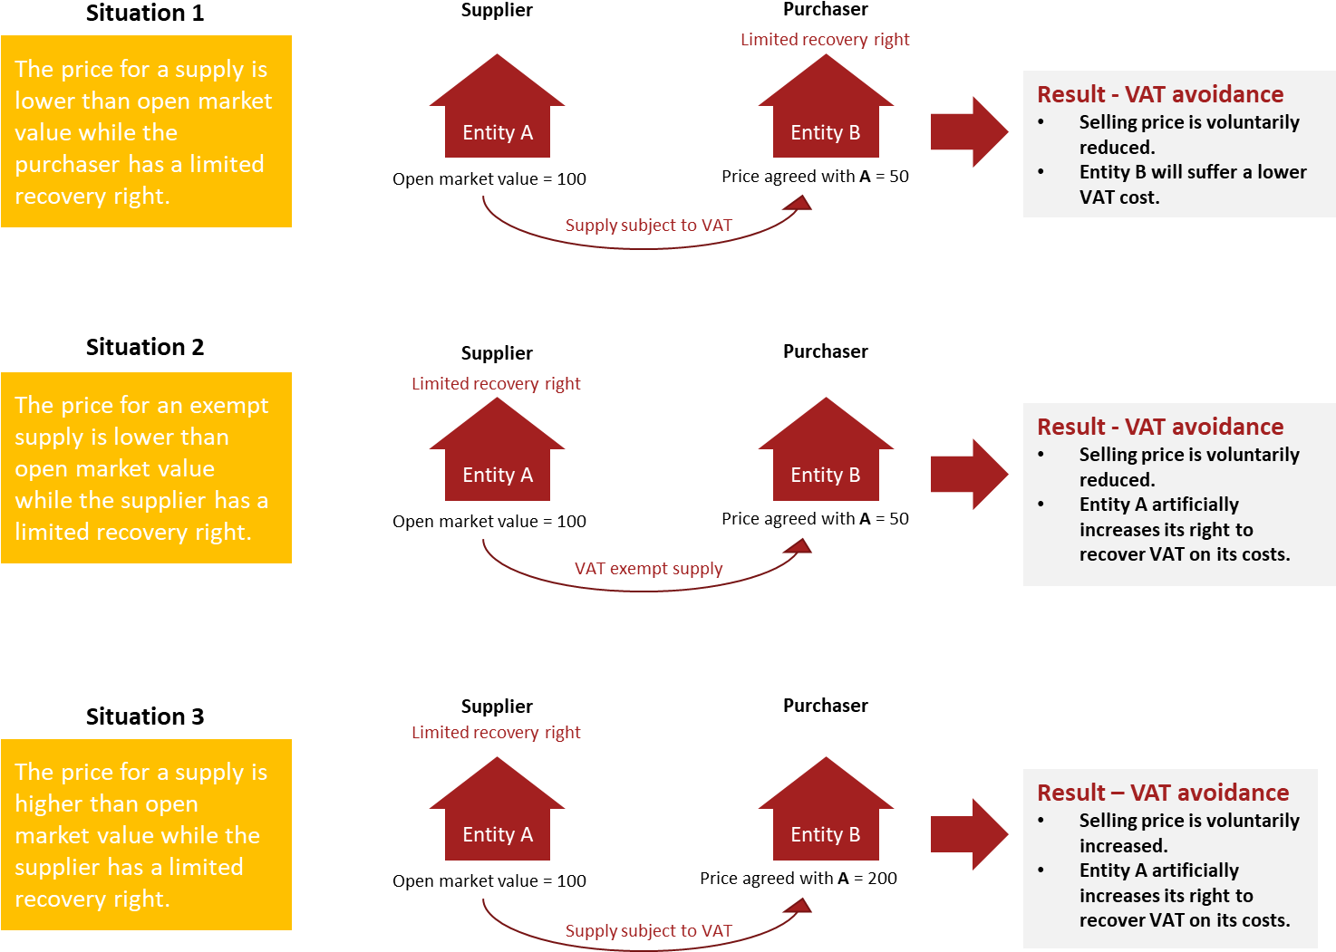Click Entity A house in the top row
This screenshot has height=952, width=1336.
click(x=497, y=118)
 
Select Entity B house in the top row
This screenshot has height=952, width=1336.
click(x=825, y=118)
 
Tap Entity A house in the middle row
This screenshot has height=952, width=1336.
click(x=497, y=461)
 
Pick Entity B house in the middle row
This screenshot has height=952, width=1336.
click(x=825, y=461)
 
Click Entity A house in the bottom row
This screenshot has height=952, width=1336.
click(x=497, y=821)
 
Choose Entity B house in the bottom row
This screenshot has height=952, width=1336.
click(x=825, y=821)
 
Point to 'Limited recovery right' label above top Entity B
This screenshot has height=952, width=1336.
click(x=824, y=40)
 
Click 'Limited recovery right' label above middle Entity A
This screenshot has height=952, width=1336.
click(x=495, y=384)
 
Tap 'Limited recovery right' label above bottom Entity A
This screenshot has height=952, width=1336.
click(x=495, y=733)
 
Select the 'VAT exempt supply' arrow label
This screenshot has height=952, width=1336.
click(x=648, y=569)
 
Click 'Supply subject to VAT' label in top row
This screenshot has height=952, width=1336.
click(x=648, y=226)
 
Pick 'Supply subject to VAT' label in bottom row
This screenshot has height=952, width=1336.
click(x=648, y=931)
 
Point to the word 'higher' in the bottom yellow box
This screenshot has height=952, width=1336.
click(x=52, y=804)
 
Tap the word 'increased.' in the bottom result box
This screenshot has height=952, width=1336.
click(x=1123, y=846)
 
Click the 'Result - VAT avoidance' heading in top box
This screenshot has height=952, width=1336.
click(x=1160, y=94)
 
